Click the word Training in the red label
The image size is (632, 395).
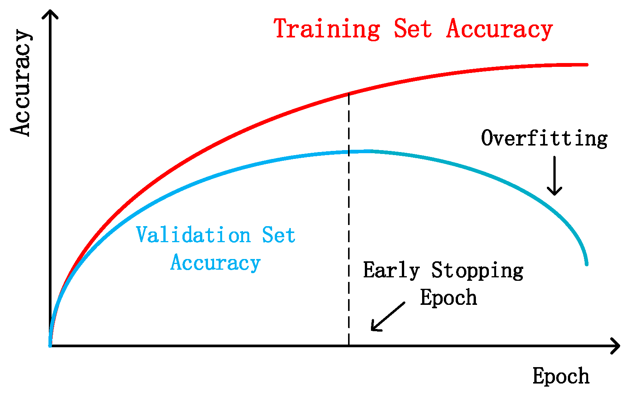(x=327, y=29)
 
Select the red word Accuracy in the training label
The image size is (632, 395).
(x=500, y=29)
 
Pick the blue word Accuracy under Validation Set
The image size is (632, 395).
(x=215, y=263)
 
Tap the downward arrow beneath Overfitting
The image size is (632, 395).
(x=555, y=176)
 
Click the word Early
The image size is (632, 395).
(x=391, y=270)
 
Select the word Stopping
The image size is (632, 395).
(x=477, y=270)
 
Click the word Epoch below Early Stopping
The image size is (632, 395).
(x=448, y=297)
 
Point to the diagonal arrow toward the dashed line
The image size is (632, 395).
(x=388, y=317)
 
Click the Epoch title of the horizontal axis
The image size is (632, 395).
(x=561, y=376)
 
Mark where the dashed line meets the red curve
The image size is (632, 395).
(x=349, y=94)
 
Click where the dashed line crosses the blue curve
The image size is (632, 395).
(x=349, y=152)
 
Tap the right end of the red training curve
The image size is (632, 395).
(x=587, y=65)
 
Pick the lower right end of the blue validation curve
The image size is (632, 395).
(x=587, y=265)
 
